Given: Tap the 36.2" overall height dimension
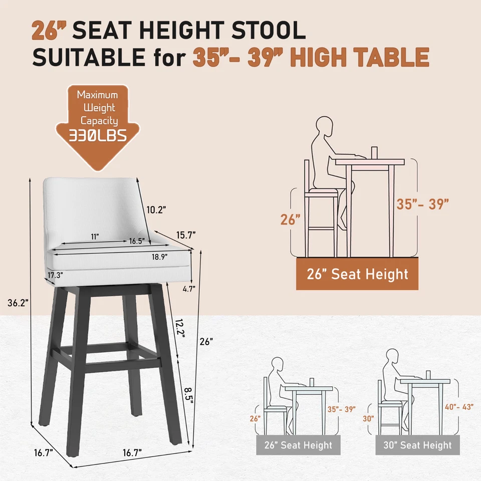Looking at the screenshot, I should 19,303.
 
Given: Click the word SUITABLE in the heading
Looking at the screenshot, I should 87,58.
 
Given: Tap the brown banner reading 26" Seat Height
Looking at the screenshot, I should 357,274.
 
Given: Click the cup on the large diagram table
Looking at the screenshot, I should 374,152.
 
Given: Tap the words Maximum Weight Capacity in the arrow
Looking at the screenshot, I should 97,107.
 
